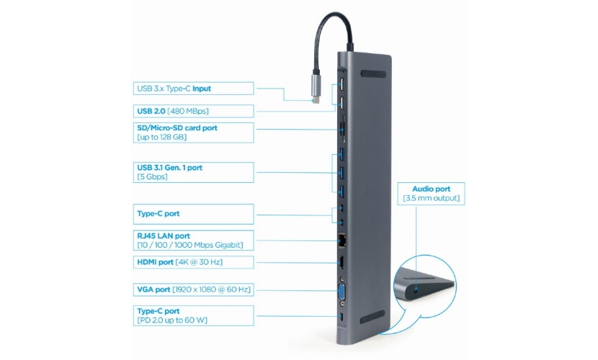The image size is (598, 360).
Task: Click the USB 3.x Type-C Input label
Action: [x=194, y=89]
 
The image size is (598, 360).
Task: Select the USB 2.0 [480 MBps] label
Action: [x=194, y=111]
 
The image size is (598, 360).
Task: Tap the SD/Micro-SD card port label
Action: [x=194, y=132]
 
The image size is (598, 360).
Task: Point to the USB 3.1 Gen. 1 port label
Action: [x=194, y=172]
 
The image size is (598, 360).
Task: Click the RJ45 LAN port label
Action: [x=194, y=240]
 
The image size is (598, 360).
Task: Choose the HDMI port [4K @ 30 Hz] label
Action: [x=194, y=263]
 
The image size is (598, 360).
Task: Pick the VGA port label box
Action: [x=194, y=289]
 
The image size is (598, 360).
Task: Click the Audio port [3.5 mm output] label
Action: [x=430, y=192]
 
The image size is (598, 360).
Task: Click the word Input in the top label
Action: [x=202, y=89]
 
